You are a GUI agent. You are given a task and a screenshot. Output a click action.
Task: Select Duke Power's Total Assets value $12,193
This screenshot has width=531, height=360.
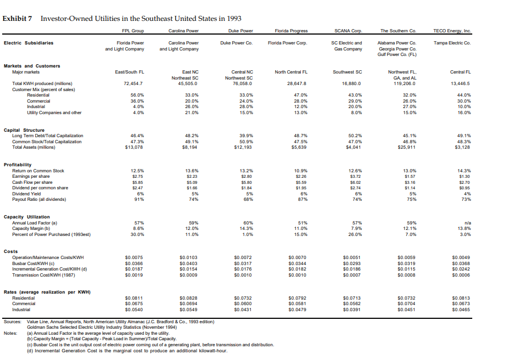[x=242, y=147]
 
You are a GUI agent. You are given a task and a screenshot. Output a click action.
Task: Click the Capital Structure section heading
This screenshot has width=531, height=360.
[x=23, y=130]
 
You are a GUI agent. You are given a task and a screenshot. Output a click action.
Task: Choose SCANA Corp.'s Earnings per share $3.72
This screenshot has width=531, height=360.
[x=349, y=176]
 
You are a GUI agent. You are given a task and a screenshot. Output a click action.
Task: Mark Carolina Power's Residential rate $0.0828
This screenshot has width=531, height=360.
[x=188, y=297]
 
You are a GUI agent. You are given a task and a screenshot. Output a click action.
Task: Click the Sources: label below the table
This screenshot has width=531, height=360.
[x=12, y=322]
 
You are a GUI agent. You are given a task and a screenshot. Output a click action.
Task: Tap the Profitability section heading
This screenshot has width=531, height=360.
[x=18, y=165]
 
